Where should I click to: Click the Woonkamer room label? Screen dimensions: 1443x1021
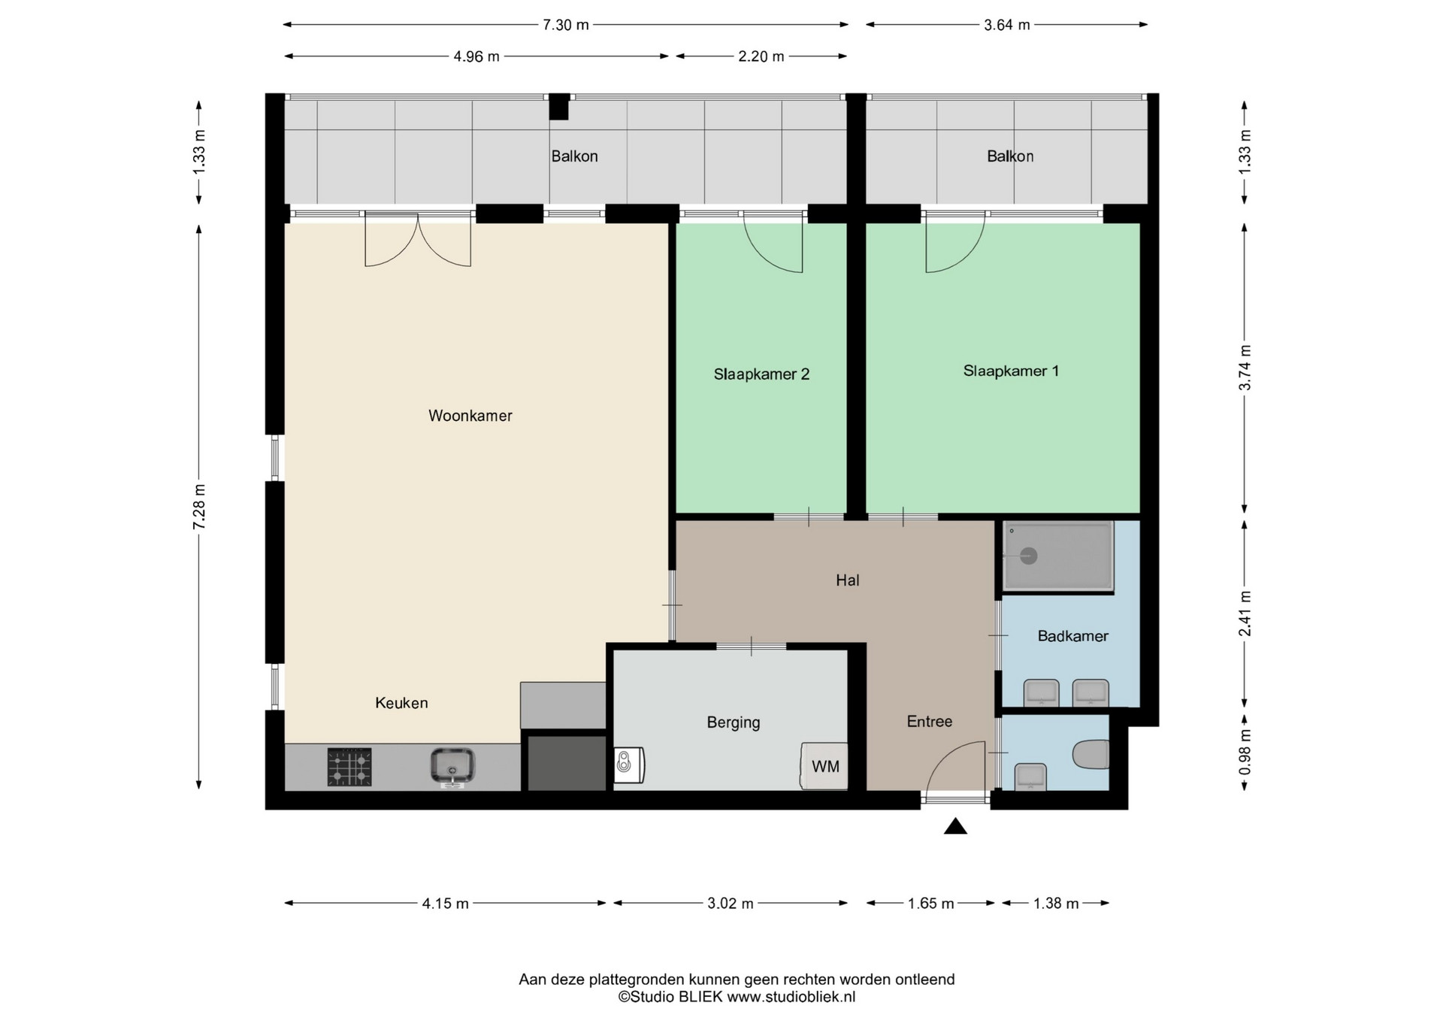470,416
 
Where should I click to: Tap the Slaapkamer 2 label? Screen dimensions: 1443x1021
761,374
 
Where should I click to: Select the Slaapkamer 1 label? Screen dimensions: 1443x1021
1011,371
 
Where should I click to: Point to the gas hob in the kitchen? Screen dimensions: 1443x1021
349,768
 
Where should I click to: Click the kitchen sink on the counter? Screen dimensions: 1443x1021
452,768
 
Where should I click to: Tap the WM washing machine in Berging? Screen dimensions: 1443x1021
824,766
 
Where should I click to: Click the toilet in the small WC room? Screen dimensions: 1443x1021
1091,755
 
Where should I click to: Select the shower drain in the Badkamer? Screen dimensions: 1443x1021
1029,556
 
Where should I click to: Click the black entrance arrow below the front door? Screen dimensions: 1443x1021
955,826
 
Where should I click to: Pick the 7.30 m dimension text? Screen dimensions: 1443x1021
566,25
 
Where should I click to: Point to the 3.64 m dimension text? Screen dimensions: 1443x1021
1007,25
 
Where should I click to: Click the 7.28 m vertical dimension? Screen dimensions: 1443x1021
199,507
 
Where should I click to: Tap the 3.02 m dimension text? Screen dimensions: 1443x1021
730,904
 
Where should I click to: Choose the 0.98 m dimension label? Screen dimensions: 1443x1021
1245,752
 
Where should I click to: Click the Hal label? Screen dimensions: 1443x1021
848,580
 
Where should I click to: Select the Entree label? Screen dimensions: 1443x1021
930,722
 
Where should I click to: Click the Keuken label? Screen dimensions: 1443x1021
401,703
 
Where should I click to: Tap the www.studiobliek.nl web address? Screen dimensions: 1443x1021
791,997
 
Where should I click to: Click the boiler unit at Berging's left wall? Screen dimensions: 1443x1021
629,765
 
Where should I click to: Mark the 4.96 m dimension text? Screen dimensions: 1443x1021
476,56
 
